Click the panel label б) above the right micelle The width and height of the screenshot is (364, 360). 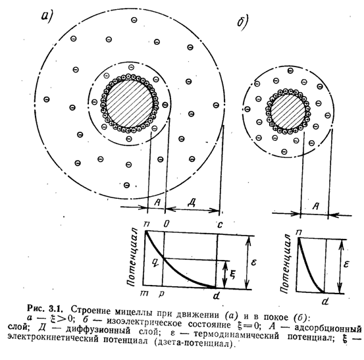(x=243, y=23)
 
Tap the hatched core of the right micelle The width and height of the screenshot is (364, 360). (x=288, y=111)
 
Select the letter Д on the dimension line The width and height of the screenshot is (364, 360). (x=192, y=203)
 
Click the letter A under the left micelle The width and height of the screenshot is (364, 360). (x=157, y=203)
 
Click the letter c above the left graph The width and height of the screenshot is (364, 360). (x=220, y=224)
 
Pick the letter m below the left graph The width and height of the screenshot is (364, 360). (x=144, y=294)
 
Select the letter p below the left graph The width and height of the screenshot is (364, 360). (x=161, y=294)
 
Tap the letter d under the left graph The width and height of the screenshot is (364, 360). (x=217, y=296)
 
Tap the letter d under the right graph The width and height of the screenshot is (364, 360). (x=326, y=301)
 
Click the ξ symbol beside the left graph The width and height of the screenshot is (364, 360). (x=233, y=274)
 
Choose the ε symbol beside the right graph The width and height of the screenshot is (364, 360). (x=346, y=265)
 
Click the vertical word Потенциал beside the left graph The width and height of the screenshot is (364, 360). (x=132, y=257)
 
